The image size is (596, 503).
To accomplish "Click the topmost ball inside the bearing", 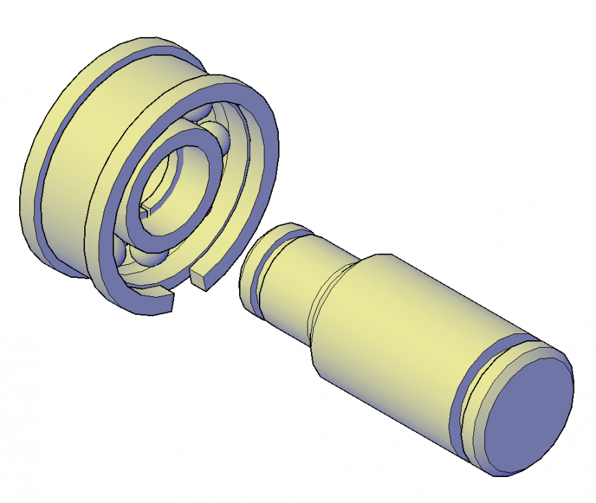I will [x=199, y=114].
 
